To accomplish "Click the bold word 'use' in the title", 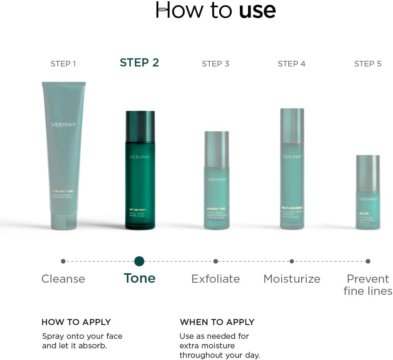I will tap(257, 10).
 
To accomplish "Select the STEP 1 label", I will tap(63, 64).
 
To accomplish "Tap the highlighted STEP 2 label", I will tap(139, 63).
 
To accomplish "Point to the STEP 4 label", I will tap(292, 64).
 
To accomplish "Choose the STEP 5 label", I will tap(368, 64).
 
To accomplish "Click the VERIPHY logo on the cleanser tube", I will tap(63, 125).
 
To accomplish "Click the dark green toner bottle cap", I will tap(140, 126).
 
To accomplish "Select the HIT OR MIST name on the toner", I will tap(138, 210).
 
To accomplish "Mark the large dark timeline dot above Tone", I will tap(139, 261).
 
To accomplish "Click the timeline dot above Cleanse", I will tap(63, 261).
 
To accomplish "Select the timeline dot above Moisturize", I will tap(292, 261).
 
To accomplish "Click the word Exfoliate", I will tap(215, 279).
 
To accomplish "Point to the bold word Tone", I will tap(139, 278).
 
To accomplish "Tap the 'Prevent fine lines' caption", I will tap(368, 285).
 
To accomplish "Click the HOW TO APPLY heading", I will tap(76, 322).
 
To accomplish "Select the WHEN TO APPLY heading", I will tap(217, 322).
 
